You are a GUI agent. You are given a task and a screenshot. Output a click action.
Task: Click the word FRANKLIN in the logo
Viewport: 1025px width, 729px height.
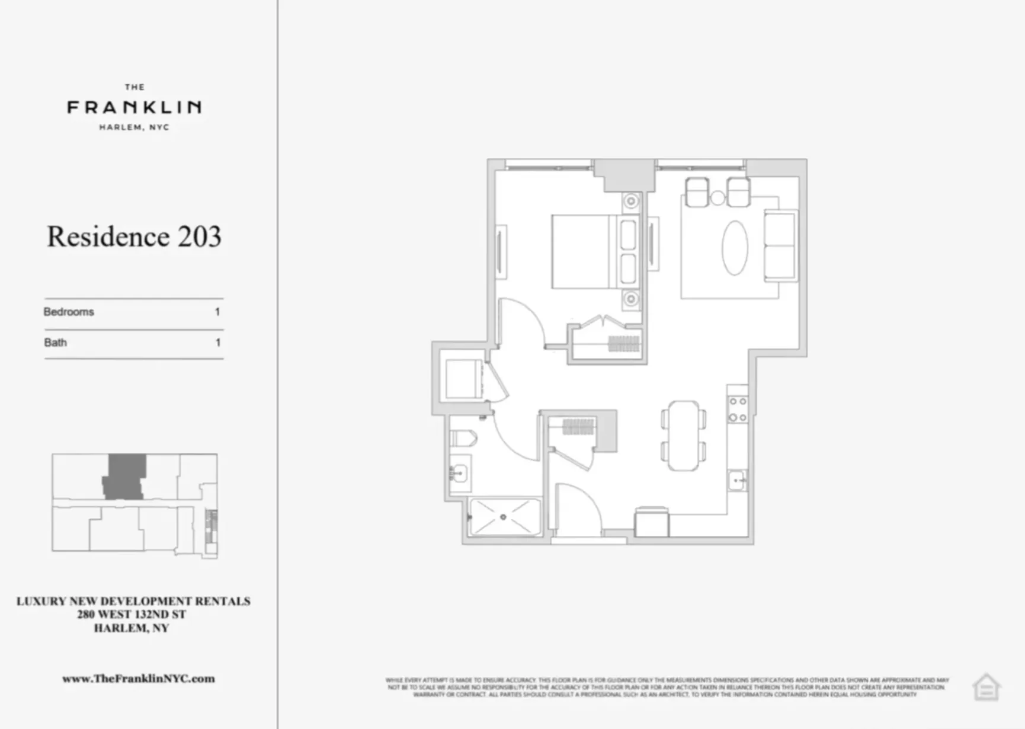pos(134,107)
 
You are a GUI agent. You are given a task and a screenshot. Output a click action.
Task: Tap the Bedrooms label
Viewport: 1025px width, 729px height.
pos(69,312)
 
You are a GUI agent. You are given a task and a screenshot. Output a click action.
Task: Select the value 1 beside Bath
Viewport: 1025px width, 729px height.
pos(217,343)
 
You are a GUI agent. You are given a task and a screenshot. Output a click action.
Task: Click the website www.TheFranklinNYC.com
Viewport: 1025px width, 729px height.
pos(139,679)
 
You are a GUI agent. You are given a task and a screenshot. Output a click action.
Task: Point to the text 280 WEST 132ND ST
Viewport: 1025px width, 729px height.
pos(132,615)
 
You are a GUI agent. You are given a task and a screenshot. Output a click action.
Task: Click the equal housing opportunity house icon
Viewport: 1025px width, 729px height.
pos(986,688)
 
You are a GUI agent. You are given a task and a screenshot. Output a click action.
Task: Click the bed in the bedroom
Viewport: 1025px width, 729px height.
pos(584,252)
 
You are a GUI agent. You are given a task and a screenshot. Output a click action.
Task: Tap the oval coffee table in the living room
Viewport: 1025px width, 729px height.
pos(735,248)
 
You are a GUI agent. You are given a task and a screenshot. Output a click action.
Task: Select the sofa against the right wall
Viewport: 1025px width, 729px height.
pos(780,245)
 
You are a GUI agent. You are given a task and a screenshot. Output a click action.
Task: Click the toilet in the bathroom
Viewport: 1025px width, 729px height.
pos(464,439)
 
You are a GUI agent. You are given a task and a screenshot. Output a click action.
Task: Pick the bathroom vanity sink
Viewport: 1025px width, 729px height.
pos(459,474)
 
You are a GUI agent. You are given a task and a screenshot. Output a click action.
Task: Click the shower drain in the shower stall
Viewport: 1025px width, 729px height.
pos(503,517)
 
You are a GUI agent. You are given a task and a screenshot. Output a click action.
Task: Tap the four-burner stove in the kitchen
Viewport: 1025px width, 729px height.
pos(738,410)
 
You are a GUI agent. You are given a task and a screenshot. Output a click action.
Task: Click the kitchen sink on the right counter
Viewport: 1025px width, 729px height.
pos(738,480)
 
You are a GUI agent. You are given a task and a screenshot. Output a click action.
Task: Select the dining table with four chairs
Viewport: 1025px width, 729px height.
pos(684,436)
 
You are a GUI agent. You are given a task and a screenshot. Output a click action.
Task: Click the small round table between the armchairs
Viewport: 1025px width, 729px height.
pos(717,198)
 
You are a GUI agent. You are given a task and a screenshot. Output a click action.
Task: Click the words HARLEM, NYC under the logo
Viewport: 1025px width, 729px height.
pos(134,127)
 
